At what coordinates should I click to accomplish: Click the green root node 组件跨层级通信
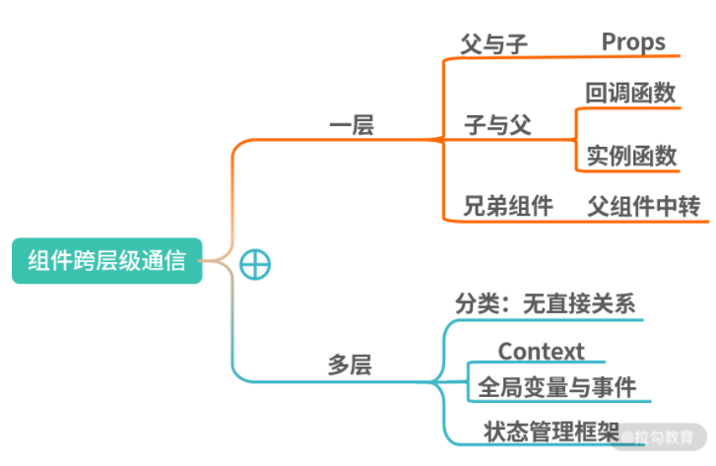point(106,261)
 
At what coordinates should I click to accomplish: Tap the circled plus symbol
point(255,263)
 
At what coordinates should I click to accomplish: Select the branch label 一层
point(351,125)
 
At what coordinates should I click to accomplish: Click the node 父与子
point(494,44)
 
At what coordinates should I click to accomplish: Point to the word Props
point(633,42)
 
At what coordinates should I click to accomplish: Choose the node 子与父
point(497,125)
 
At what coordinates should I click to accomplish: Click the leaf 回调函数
point(630,94)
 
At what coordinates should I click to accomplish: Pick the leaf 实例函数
point(631,156)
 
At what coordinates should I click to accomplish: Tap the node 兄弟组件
point(508,206)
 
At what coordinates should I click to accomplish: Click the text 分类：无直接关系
point(545,303)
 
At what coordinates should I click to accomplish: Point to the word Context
point(541,352)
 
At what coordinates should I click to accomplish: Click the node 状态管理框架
point(552,431)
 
